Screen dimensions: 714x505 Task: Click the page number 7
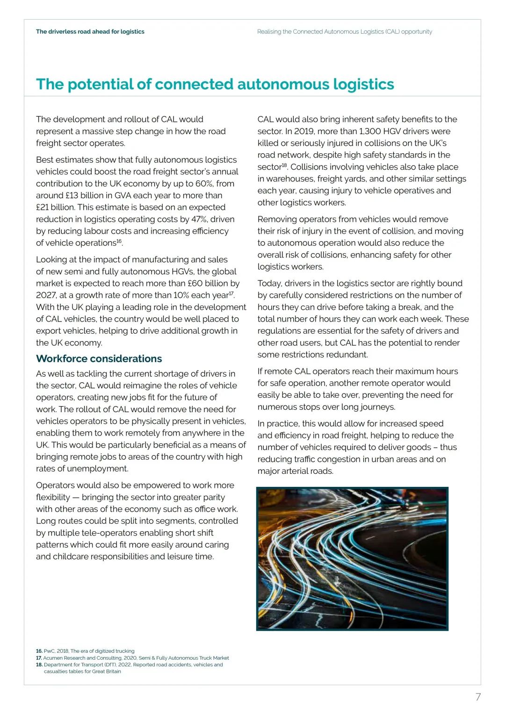[x=478, y=697]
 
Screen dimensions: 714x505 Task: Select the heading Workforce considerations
[x=99, y=359]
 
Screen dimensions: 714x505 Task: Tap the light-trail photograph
[x=352, y=559]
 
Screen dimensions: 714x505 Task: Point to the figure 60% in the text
[x=204, y=184]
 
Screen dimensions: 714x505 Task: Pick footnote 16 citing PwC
[x=85, y=651]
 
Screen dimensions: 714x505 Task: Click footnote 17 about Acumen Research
[x=132, y=658]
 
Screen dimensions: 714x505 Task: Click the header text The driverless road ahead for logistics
[x=90, y=32]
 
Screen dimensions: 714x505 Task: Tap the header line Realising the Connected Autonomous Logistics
[x=345, y=32]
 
